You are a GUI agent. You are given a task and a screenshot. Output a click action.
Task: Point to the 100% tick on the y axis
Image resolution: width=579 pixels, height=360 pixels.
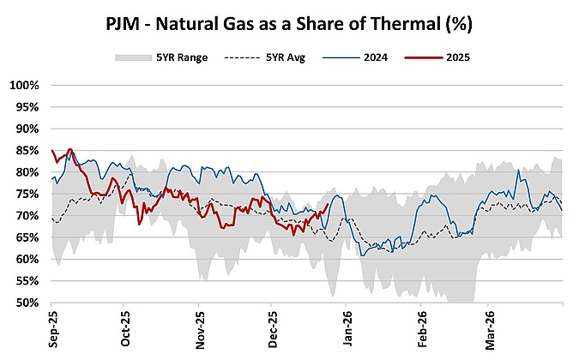tap(23, 86)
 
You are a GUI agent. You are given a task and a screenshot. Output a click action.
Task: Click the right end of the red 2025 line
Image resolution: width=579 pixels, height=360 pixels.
tap(329, 204)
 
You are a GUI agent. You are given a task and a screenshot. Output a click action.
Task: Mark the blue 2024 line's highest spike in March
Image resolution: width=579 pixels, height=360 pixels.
tap(518, 170)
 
